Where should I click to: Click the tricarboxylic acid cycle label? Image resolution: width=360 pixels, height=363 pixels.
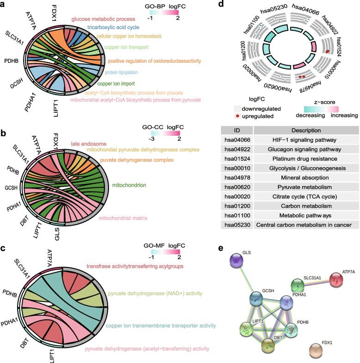coord(115,27)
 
